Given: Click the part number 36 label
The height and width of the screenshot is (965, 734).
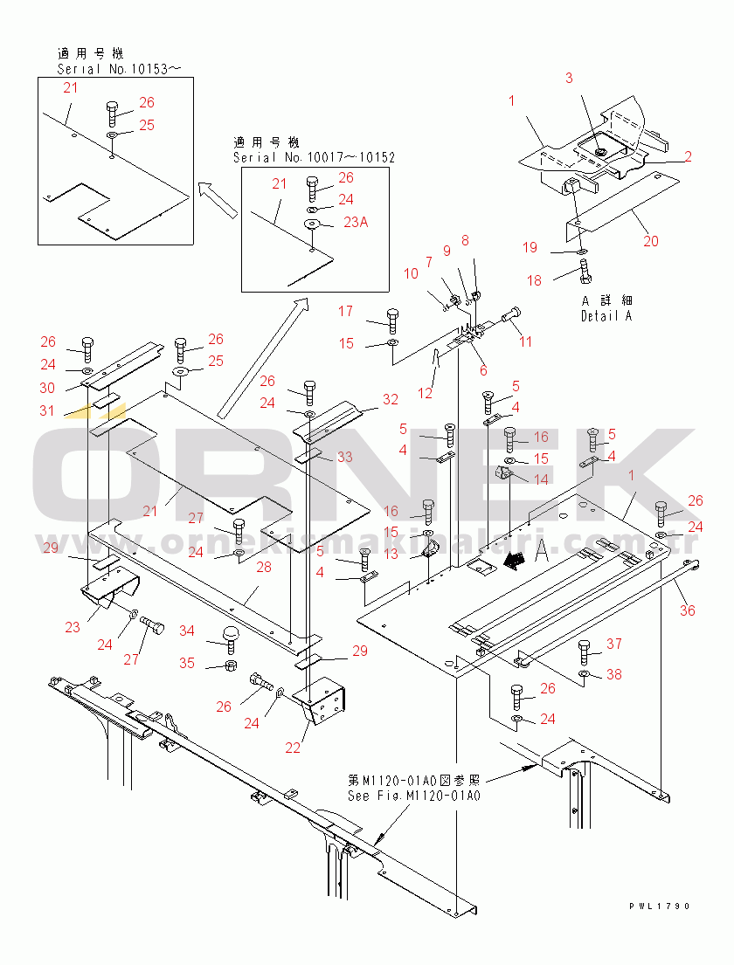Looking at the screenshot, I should click(688, 610).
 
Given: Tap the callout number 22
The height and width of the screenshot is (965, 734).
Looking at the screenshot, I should click(292, 748).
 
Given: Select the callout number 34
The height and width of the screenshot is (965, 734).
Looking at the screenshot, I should click(187, 631).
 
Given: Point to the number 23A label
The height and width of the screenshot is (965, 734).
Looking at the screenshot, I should click(356, 223).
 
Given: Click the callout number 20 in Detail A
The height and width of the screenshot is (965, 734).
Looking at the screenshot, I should click(651, 241).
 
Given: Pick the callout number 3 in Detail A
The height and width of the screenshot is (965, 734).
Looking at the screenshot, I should click(569, 79).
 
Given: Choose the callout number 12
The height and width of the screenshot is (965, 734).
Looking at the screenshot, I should click(425, 393).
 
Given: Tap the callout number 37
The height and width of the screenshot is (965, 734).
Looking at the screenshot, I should click(614, 644).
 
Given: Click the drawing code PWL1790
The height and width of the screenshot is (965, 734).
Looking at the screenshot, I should click(659, 906).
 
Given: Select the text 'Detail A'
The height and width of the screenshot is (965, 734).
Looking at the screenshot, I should click(606, 316).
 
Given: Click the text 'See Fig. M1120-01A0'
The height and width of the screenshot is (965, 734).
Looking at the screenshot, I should click(414, 796).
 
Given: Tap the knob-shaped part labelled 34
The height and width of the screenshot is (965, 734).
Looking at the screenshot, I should click(232, 636).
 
